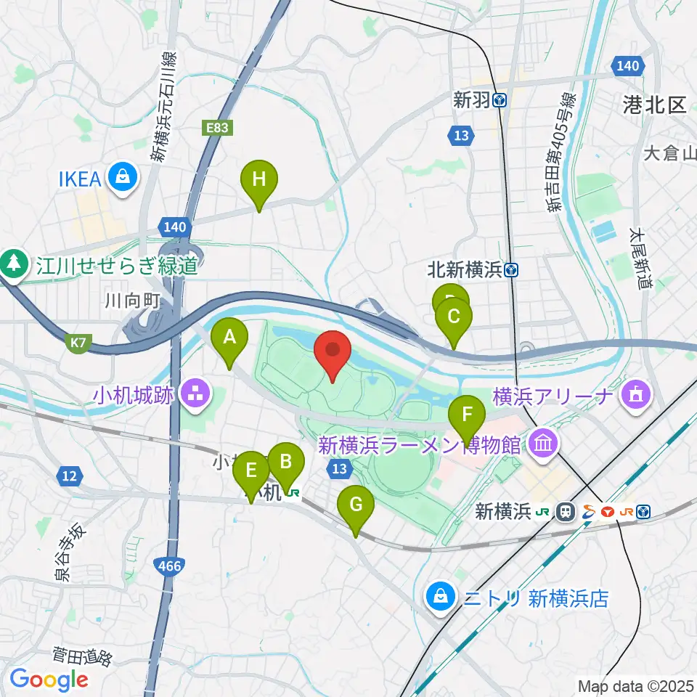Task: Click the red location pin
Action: click(x=333, y=354)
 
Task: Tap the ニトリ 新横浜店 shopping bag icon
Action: click(x=439, y=598)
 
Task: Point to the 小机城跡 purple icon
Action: click(x=195, y=396)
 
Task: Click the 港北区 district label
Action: click(x=654, y=105)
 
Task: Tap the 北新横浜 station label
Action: click(x=464, y=270)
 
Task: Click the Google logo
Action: click(x=49, y=680)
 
